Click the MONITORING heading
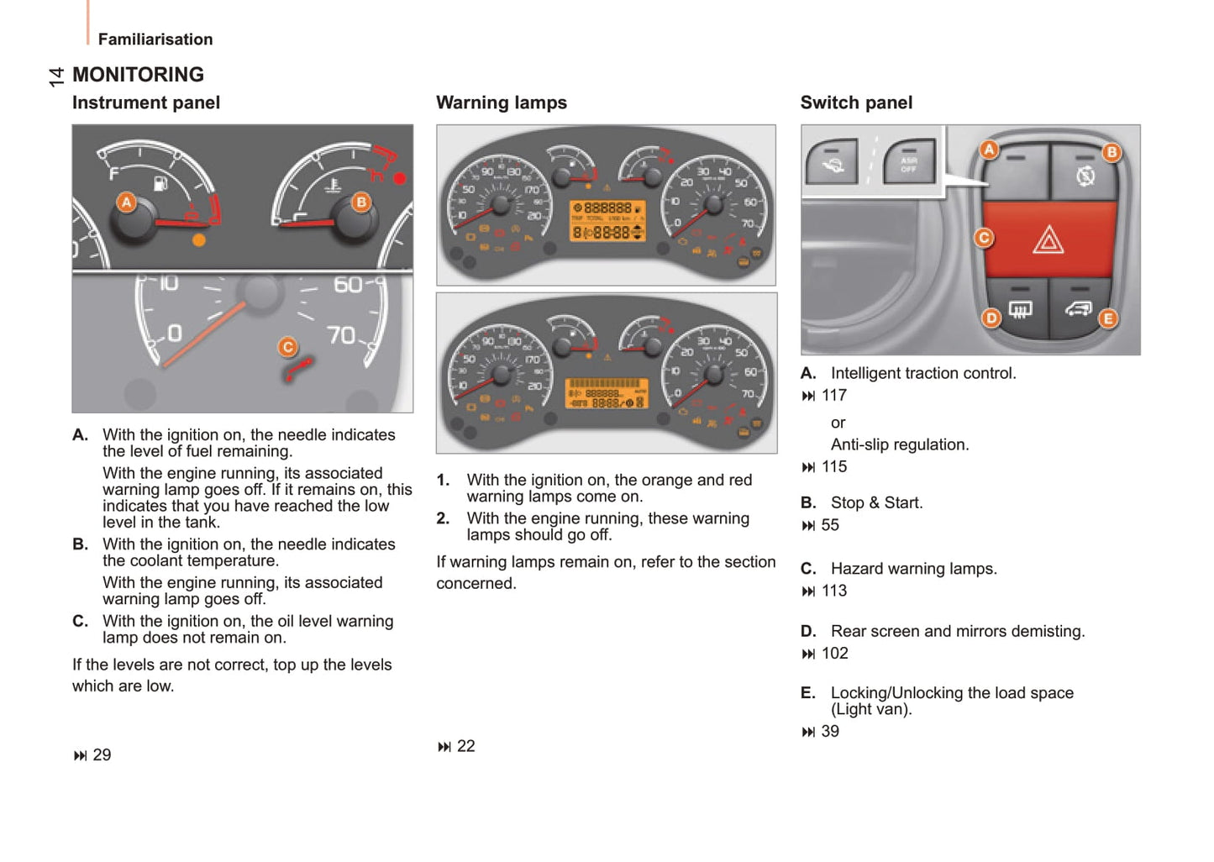138,75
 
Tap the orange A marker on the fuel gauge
126,202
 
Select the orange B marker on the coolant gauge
361,202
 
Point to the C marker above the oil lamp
288,347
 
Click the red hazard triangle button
1048,241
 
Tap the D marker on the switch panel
991,318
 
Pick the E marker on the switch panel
1108,318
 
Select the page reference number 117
833,396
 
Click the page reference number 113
833,591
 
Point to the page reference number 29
102,755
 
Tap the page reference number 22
465,747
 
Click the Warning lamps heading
502,103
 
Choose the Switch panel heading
856,103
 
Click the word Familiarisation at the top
155,39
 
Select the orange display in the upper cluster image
607,221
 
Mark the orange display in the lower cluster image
607,393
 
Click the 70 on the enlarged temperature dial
341,336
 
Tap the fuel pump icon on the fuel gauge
160,183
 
